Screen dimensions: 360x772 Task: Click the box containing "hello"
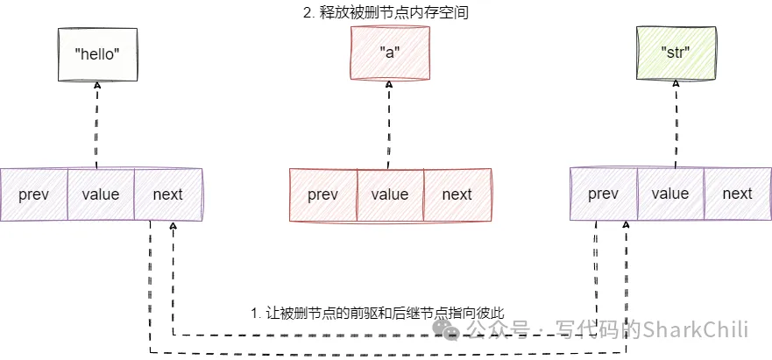97,53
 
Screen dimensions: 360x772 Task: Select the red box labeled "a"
389,52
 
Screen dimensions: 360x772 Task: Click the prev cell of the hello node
34,194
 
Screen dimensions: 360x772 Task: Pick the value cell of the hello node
101,194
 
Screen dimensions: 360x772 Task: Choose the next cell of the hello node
167,194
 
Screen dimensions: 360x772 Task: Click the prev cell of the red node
323,194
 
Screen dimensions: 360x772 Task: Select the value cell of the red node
390,194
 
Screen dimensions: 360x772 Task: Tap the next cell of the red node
457,194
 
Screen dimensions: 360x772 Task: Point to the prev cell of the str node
604,194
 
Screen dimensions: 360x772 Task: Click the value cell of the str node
670,194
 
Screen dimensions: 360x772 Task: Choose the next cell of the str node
738,194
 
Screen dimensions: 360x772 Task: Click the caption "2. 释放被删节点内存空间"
389,13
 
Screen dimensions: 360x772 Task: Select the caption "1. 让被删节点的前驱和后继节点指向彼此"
378,313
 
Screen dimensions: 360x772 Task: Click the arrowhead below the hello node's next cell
174,227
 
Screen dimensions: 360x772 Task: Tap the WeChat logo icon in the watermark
449,329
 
